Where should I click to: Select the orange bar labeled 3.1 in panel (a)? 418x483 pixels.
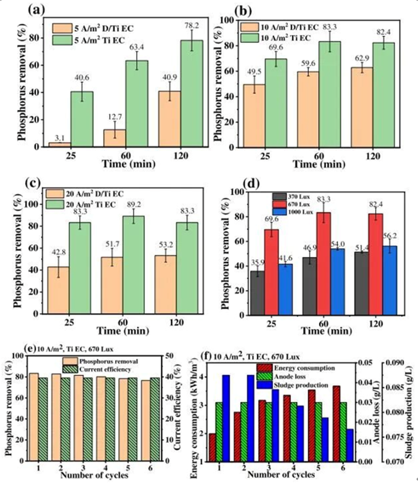(x=60, y=144)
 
